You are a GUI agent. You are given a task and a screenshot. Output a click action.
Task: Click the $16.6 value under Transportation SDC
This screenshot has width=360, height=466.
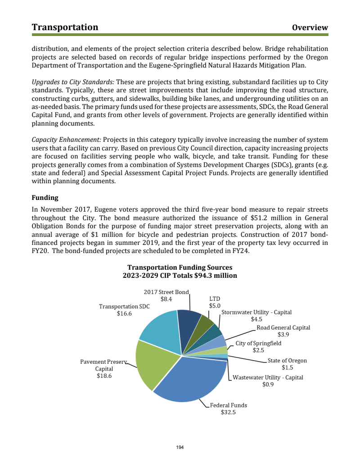click(x=124, y=314)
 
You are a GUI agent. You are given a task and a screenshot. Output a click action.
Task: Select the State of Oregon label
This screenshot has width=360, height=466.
click(x=287, y=361)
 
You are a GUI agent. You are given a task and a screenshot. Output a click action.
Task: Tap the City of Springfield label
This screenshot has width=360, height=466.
click(x=258, y=343)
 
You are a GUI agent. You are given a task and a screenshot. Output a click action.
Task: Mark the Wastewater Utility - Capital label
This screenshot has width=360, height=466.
click(x=268, y=377)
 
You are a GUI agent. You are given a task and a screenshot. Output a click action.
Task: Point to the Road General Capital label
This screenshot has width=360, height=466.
click(x=283, y=328)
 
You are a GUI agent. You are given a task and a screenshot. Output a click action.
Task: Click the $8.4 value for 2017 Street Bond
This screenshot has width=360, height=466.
click(x=166, y=299)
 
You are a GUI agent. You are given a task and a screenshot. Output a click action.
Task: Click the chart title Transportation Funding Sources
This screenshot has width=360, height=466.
click(x=180, y=267)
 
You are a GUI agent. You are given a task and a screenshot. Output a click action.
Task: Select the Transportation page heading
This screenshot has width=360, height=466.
click(x=65, y=27)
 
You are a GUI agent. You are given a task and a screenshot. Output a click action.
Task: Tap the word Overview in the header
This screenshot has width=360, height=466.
click(x=310, y=27)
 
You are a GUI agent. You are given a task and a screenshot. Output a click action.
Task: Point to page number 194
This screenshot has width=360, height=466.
click(x=180, y=447)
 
